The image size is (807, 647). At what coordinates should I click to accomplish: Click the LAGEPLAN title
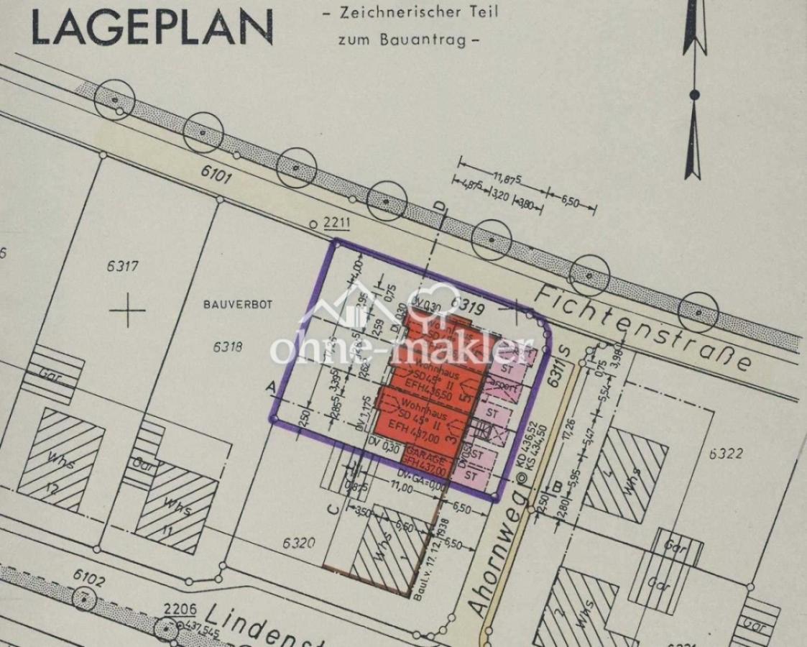[152, 28]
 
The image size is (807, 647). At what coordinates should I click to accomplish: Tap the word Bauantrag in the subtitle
[430, 40]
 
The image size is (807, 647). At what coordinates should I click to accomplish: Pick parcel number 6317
[122, 266]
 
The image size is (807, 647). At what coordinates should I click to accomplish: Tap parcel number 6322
[725, 454]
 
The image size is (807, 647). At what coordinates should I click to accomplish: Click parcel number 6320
[298, 543]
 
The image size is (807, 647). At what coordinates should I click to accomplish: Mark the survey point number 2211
[336, 223]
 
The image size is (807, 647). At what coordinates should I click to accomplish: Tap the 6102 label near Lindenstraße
[89, 577]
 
